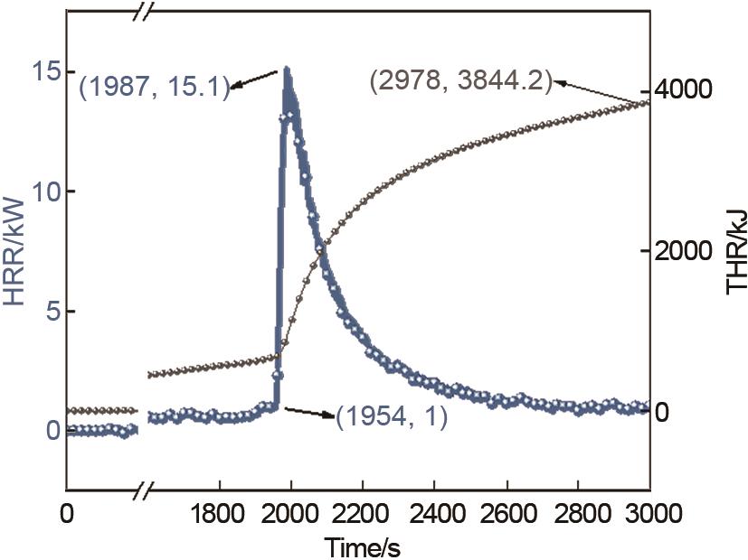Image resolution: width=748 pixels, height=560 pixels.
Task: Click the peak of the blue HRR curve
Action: (x=286, y=69)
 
